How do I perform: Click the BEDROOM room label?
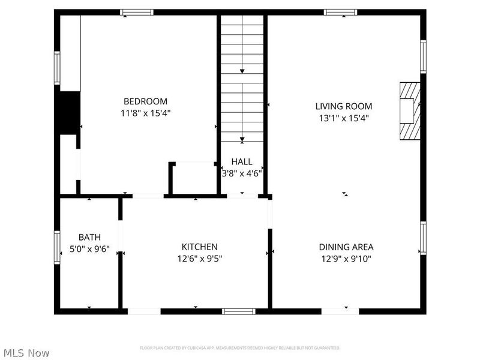pyautogui.click(x=145, y=101)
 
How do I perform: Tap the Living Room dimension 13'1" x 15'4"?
pyautogui.click(x=344, y=118)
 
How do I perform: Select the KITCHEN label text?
pyautogui.click(x=200, y=247)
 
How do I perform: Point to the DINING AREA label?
pyautogui.click(x=346, y=247)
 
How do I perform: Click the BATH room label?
pyautogui.click(x=89, y=237)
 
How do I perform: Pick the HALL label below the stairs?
pyautogui.click(x=242, y=162)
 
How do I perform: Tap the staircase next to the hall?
pyautogui.click(x=242, y=78)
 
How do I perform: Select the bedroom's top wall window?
pyautogui.click(x=137, y=12)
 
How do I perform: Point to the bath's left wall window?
pyautogui.click(x=58, y=247)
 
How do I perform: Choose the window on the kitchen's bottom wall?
pyautogui.click(x=239, y=311)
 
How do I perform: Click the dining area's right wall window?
pyautogui.click(x=423, y=238)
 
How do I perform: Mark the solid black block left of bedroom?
pyautogui.click(x=70, y=112)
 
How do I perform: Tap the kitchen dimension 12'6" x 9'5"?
pyautogui.click(x=200, y=259)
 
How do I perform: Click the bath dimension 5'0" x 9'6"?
pyautogui.click(x=89, y=250)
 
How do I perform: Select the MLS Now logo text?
pyautogui.click(x=26, y=353)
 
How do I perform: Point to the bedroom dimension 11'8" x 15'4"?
pyautogui.click(x=145, y=113)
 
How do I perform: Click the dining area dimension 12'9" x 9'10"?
pyautogui.click(x=346, y=259)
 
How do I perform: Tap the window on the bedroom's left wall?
pyautogui.click(x=58, y=67)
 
